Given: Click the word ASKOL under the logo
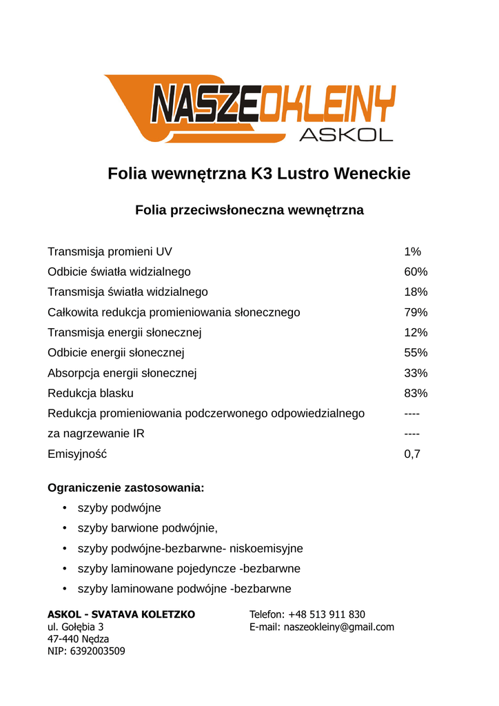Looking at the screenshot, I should pos(346,134).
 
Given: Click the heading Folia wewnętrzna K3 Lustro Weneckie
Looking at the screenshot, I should pos(259,174).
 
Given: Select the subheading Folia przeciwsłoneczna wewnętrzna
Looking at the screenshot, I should pos(250,210).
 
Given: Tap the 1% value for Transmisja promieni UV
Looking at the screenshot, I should pos(412,252).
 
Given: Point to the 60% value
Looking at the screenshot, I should pos(416,272).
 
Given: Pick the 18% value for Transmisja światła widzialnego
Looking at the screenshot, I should pos(416,292).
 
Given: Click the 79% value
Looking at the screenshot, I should pos(416,312).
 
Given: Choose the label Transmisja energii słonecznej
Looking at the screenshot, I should pos(125,332).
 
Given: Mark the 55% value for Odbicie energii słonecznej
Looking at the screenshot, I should pos(416,353).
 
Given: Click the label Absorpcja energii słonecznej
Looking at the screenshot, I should pos(122,373).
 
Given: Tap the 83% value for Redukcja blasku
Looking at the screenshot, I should pos(416,394).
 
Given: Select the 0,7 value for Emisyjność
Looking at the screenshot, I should pos(412,454).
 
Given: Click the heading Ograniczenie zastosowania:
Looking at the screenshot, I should pos(125,488).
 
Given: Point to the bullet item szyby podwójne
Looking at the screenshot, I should pos(119,508).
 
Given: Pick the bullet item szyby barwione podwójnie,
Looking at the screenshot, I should pos(147,528).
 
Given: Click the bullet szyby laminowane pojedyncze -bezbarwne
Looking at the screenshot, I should pos(189,569).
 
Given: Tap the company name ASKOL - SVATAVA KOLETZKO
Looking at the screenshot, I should pos(121,614).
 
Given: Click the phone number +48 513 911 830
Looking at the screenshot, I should pos(327,614).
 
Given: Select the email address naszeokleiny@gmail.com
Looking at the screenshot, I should pos(339,627).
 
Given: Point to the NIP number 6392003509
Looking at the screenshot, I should pos(97,650).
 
